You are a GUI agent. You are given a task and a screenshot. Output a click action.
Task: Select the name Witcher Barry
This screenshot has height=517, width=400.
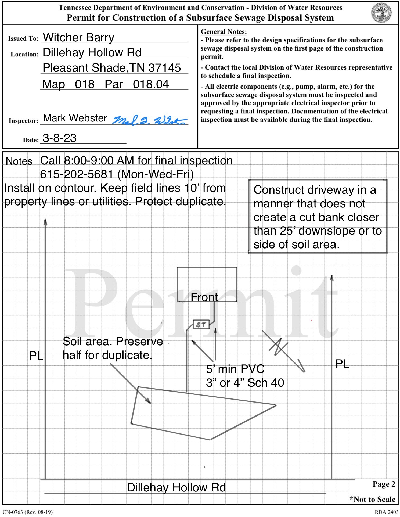coord(79,37)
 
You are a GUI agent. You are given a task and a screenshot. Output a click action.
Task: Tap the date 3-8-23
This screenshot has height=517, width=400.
coord(60,138)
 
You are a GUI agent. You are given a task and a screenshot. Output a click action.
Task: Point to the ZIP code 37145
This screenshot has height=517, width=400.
coord(164,68)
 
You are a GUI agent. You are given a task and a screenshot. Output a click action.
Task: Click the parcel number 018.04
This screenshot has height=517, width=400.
coord(151,84)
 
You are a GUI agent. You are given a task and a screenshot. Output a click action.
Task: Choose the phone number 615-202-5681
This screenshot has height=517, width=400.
coord(77,174)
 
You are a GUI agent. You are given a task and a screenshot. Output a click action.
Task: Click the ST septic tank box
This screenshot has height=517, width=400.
coord(201,324)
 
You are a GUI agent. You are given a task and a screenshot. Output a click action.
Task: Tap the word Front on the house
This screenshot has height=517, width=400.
coord(204,297)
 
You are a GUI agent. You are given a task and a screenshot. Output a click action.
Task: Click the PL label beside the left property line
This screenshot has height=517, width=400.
coord(36,356)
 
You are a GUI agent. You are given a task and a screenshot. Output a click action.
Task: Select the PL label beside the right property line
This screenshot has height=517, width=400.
coord(342,364)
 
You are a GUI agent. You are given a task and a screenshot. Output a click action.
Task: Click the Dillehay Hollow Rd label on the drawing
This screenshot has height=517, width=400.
coord(176,487)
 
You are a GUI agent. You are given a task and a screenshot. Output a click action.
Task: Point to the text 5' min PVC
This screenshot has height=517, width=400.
coord(235,369)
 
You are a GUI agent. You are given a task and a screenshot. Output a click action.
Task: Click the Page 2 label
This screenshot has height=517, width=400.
coord(384,484)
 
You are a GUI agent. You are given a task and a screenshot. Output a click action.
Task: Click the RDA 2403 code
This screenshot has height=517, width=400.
coord(387,512)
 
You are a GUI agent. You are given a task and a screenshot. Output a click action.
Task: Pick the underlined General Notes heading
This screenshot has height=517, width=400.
coord(224,32)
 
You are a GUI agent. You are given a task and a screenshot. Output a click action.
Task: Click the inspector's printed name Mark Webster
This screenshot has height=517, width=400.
coord(75,118)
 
